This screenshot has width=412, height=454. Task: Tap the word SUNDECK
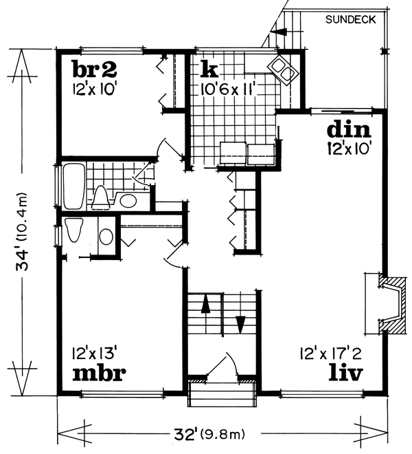[351, 20]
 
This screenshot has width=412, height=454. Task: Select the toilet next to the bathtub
[101, 196]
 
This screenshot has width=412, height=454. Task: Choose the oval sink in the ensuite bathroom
[106, 236]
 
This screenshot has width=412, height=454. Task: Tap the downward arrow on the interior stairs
[240, 323]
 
